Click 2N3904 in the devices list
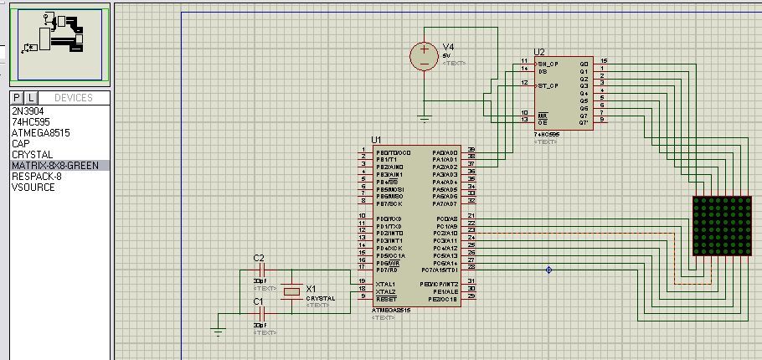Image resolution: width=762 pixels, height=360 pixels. (28, 111)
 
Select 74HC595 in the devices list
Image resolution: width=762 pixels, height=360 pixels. (30, 121)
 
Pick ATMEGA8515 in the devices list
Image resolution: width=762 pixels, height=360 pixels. (40, 132)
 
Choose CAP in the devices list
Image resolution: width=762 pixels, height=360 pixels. (21, 143)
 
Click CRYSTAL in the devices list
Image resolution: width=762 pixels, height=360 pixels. (32, 154)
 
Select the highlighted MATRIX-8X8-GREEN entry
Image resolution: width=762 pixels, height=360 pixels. (54, 165)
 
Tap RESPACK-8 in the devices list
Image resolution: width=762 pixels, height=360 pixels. (36, 176)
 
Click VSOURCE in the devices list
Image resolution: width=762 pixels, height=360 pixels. (33, 187)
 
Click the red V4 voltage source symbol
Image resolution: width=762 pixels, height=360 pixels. (424, 57)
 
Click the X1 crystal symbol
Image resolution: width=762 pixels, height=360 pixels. (291, 291)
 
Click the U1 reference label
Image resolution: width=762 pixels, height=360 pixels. (376, 140)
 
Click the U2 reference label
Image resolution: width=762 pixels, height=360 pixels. (539, 52)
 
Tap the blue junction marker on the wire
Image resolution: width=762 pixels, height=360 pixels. (548, 270)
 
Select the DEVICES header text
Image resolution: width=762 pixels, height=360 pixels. (73, 98)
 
